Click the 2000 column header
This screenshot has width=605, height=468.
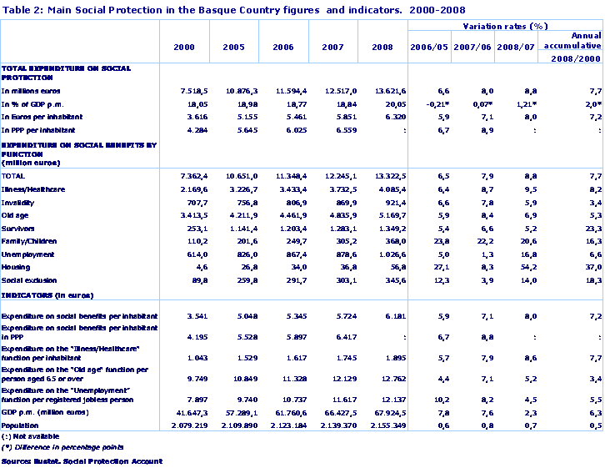184,47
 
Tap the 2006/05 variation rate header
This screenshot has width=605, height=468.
430,47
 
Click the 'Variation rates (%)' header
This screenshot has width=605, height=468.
504,27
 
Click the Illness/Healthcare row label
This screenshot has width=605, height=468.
33,189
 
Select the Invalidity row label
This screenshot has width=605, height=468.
18,202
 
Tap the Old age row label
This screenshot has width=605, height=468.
17,215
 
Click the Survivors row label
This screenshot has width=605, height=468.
19,228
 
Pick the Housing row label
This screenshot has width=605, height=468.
17,267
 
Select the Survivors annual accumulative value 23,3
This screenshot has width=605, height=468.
591,228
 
